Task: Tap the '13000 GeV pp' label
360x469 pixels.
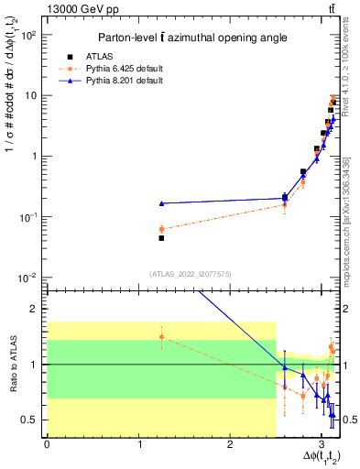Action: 78,9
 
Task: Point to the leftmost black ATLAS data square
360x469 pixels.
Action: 161,238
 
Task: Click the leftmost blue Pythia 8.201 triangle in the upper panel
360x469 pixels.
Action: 161,203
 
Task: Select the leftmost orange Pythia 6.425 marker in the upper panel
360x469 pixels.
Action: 161,229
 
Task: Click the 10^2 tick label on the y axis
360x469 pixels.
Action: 28,35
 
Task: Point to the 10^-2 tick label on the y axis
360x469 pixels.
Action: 28,278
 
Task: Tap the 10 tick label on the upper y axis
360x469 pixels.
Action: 31,95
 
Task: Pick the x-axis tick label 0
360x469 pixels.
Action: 47,444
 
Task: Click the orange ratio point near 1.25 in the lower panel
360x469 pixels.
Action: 161,337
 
